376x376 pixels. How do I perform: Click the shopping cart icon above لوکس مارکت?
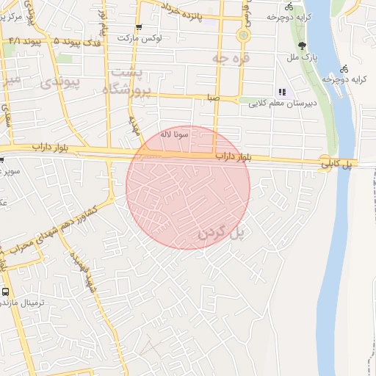[138, 27]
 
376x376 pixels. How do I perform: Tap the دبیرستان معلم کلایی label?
[291, 103]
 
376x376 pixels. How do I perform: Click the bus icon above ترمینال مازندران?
[6, 292]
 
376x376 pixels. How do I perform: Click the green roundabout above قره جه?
[243, 35]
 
